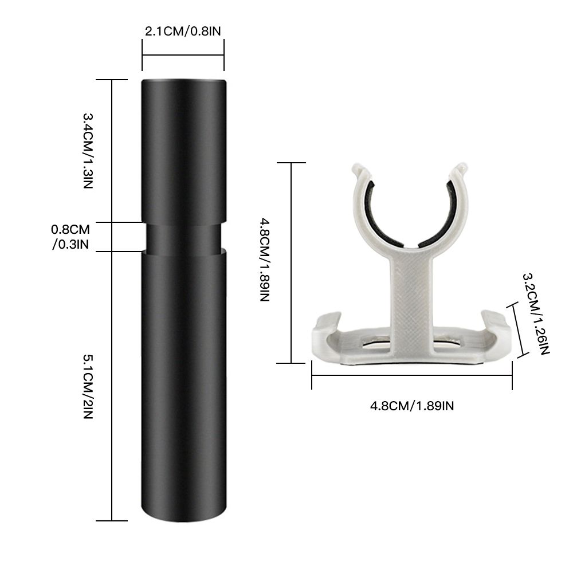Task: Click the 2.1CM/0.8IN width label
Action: click(x=183, y=31)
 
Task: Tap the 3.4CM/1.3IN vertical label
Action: click(x=88, y=151)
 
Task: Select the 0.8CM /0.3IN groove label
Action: click(x=70, y=237)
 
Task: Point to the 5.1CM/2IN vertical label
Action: click(x=88, y=386)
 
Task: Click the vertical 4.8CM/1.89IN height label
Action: click(x=265, y=260)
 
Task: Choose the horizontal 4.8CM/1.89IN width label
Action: click(x=412, y=406)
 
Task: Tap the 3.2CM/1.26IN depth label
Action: click(x=536, y=314)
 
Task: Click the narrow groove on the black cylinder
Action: click(x=184, y=237)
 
